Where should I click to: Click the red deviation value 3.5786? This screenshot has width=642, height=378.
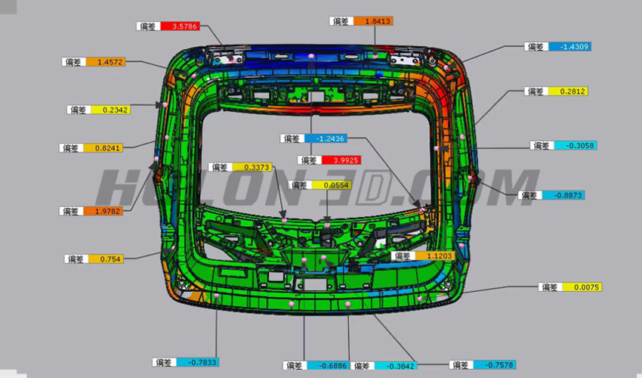click(x=184, y=26)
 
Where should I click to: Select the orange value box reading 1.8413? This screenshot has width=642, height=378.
click(x=377, y=21)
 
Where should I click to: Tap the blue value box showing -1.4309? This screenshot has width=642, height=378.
click(x=569, y=47)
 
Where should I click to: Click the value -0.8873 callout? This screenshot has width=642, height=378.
click(x=563, y=195)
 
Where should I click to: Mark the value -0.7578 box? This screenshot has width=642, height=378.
click(x=495, y=365)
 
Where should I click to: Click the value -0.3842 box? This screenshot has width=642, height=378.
click(x=397, y=366)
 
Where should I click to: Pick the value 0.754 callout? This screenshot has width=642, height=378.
click(x=110, y=259)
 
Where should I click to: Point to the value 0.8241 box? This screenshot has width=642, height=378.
click(x=106, y=148)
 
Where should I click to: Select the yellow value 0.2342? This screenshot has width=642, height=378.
click(x=110, y=110)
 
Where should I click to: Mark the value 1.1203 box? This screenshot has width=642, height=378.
click(x=438, y=256)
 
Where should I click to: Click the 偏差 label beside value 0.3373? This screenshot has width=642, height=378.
click(x=220, y=167)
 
